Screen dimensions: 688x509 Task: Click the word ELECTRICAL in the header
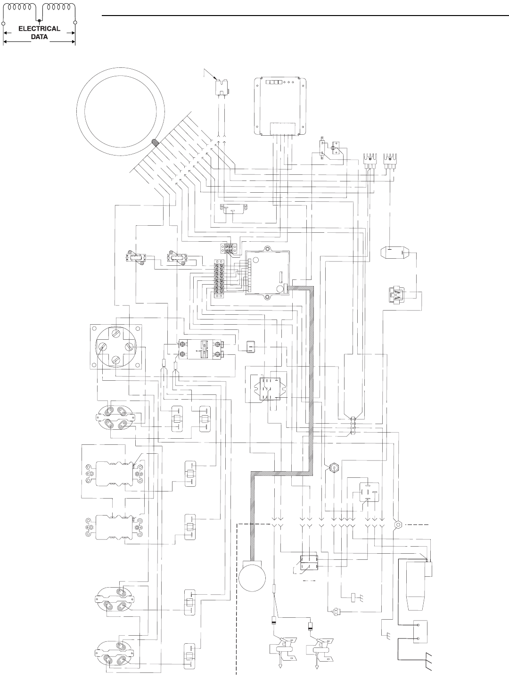pyautogui.click(x=39, y=28)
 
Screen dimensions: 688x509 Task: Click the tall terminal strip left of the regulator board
pyautogui.click(x=219, y=278)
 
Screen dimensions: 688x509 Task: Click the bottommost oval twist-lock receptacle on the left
pyautogui.click(x=112, y=653)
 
